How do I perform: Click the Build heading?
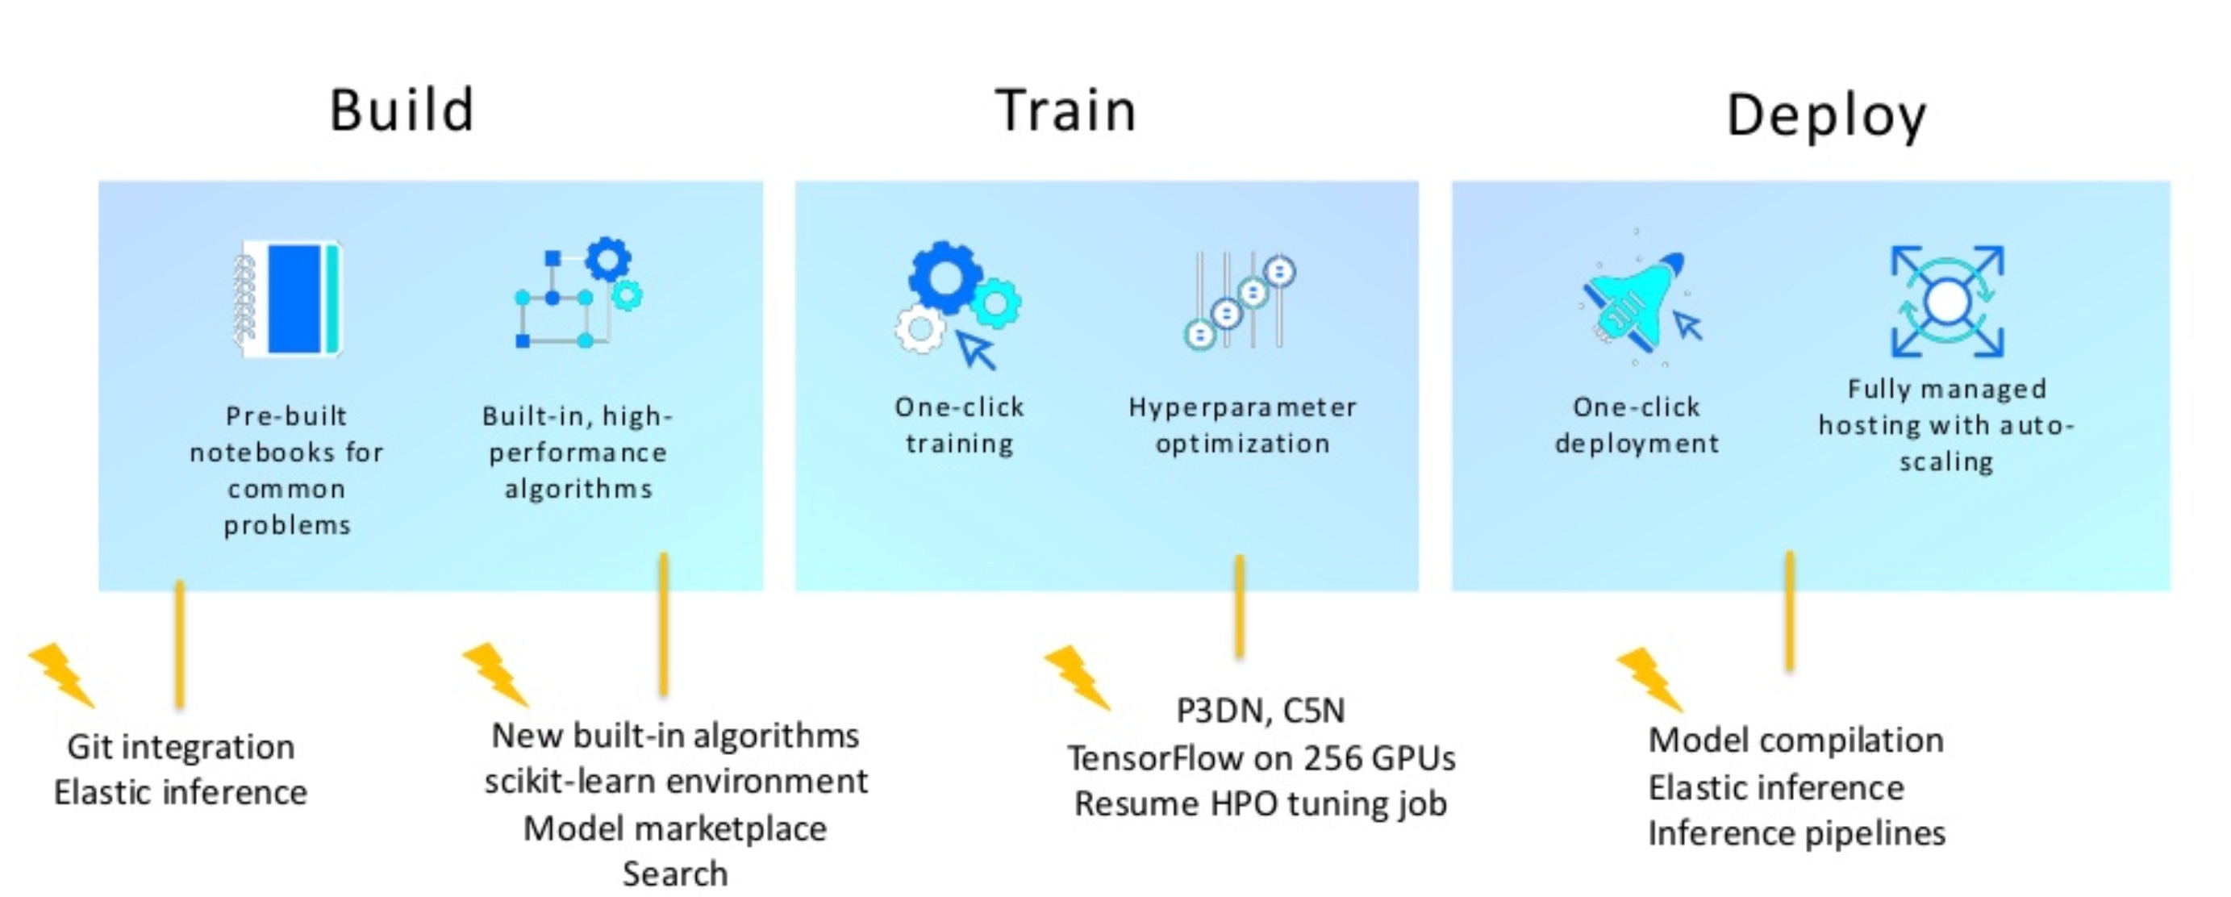click(402, 110)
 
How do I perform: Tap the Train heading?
click(1066, 110)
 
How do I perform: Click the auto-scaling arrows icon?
click(1947, 302)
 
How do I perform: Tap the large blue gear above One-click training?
click(945, 277)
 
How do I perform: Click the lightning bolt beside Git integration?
click(61, 675)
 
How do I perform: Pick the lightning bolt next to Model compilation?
click(1649, 680)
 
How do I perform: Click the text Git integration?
click(181, 746)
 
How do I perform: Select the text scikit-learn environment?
click(676, 781)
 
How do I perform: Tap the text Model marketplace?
click(674, 828)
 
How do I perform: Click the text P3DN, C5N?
click(1260, 710)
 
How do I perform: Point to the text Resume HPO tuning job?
click(1260, 803)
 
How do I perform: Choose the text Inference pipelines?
click(1796, 833)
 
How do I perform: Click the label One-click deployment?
click(1636, 425)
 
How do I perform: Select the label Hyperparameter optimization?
click(1242, 425)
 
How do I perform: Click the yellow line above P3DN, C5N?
click(1240, 606)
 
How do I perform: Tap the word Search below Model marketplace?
click(674, 874)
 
